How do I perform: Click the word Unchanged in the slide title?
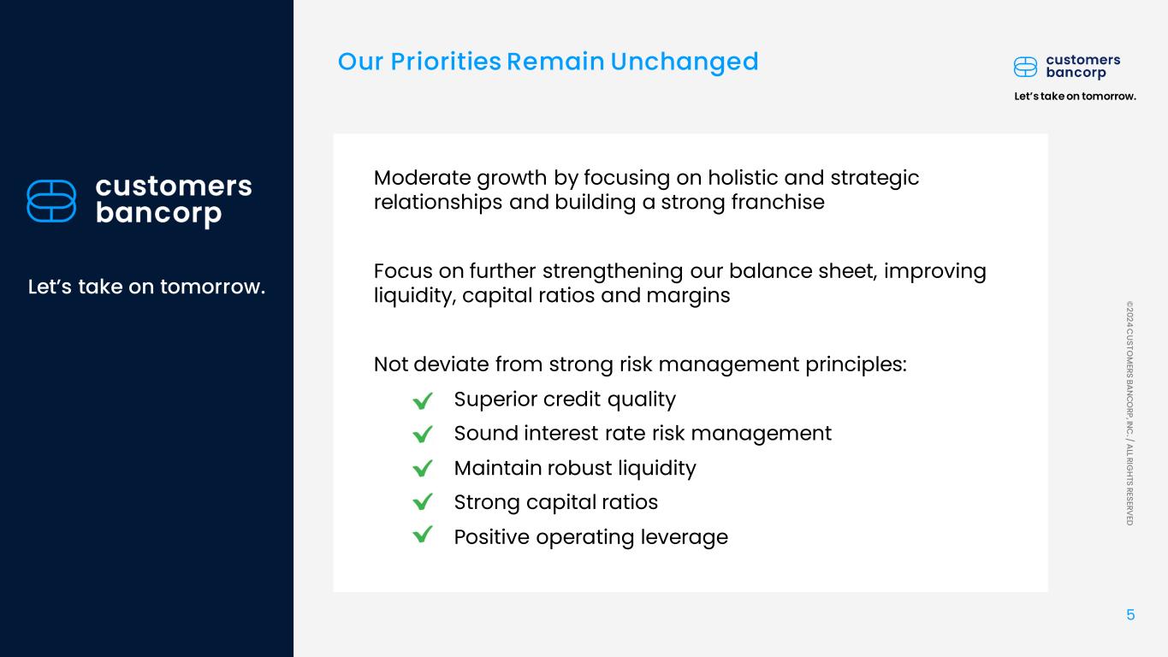(685, 62)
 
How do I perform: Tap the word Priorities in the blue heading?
(446, 62)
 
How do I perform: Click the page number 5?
(1130, 615)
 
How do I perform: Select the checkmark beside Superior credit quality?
(423, 400)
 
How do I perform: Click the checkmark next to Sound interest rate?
(423, 434)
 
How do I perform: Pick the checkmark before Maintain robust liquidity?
(423, 468)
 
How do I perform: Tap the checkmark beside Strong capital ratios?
(423, 501)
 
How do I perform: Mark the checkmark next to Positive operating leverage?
(423, 535)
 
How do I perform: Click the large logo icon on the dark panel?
(51, 201)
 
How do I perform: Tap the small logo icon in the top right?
(1025, 67)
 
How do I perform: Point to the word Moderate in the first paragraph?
(423, 178)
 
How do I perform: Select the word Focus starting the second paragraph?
(403, 271)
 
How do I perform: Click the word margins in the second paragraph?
(688, 296)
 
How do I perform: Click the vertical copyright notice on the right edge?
(1129, 413)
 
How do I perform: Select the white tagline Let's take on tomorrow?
(146, 287)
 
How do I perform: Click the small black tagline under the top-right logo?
(1075, 97)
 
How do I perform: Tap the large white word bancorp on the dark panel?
(158, 214)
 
